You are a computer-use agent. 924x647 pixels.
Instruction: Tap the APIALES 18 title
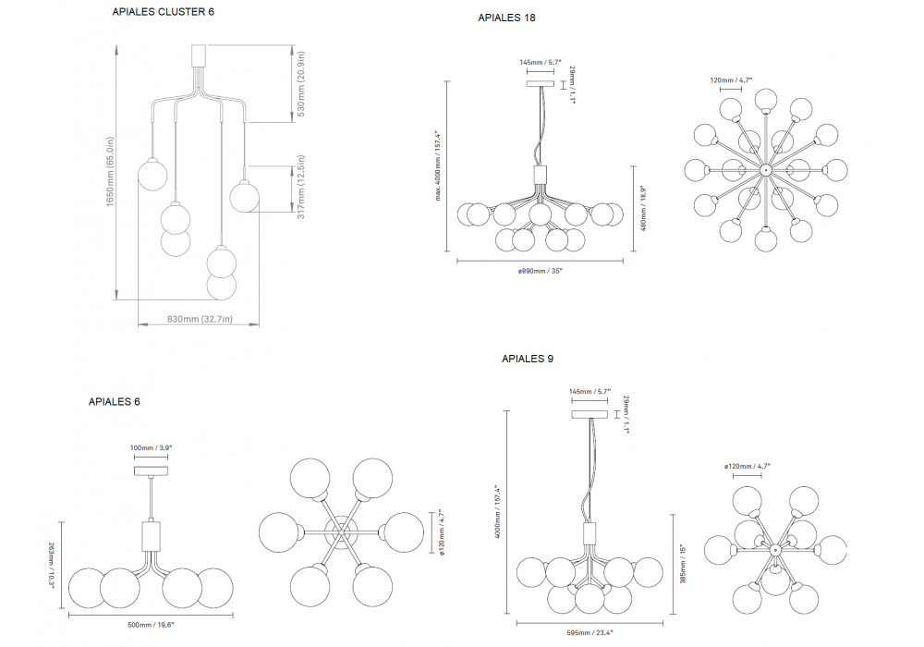click(x=506, y=18)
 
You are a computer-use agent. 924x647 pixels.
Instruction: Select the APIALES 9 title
click(x=528, y=358)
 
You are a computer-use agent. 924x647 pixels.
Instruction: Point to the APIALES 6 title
click(x=115, y=402)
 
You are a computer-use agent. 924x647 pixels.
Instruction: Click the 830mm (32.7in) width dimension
click(x=199, y=319)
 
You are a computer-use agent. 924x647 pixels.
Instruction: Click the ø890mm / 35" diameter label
click(x=540, y=271)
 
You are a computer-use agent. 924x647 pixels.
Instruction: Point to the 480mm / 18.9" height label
click(x=642, y=208)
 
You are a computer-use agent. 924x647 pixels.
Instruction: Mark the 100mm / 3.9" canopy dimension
click(x=151, y=447)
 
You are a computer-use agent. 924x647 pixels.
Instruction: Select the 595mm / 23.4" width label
click(x=590, y=632)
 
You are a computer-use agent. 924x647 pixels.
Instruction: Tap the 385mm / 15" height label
click(x=682, y=562)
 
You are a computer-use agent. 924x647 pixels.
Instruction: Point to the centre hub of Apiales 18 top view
click(x=765, y=171)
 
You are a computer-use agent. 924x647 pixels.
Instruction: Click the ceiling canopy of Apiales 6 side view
click(x=151, y=471)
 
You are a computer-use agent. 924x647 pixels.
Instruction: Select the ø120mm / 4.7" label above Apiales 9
click(x=748, y=467)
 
